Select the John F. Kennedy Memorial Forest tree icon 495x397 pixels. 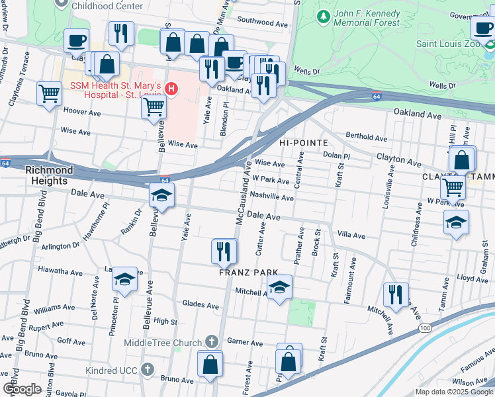pos(324,15)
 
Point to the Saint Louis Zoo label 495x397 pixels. pos(448,44)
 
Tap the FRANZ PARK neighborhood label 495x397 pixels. pos(246,273)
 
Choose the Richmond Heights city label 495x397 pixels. pos(46,175)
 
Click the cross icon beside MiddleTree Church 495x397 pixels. pos(211,342)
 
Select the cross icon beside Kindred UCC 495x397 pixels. pos(148,369)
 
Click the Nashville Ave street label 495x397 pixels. pos(271,197)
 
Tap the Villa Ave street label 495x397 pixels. pos(351,235)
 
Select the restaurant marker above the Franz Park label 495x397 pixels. pos(224,251)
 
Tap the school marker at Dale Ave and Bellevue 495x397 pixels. pos(161,196)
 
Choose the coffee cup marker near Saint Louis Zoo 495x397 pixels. pos(482,28)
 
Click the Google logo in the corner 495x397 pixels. pos(22,388)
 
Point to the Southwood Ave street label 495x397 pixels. pos(263,22)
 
